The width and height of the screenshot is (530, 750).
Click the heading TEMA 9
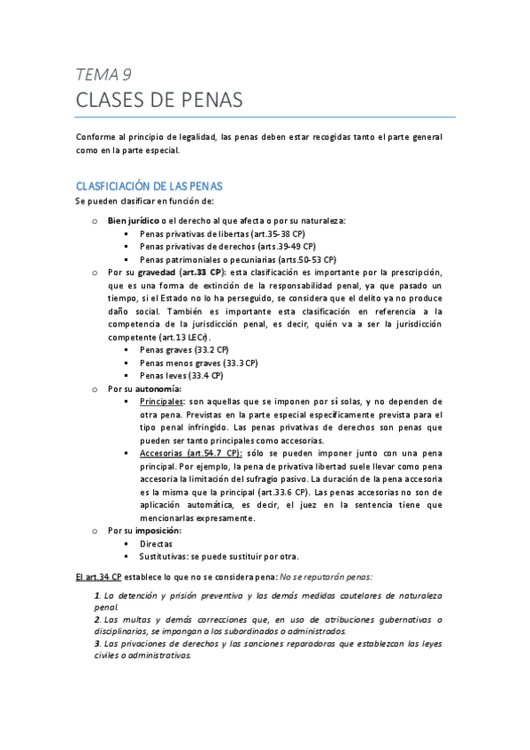[x=103, y=74]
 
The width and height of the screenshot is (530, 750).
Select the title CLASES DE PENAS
[x=158, y=100]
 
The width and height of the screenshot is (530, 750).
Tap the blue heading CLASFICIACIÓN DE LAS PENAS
[x=149, y=187]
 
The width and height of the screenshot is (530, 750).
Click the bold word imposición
[x=156, y=531]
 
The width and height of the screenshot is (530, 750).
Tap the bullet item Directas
[x=157, y=544]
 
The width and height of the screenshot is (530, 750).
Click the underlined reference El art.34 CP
[x=98, y=577]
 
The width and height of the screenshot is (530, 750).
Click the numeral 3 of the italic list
[x=96, y=644]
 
